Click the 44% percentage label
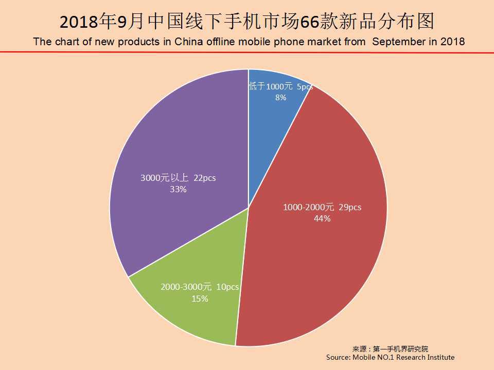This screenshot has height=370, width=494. (x=322, y=218)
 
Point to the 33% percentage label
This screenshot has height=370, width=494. (x=178, y=189)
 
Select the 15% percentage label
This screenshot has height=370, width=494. (x=200, y=298)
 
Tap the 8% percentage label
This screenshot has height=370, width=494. (x=280, y=97)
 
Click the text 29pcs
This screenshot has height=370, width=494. (x=350, y=208)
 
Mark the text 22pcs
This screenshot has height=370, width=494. (x=204, y=178)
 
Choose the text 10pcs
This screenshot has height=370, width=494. (x=227, y=287)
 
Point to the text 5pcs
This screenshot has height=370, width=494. (x=305, y=87)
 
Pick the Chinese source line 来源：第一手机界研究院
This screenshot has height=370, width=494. (x=390, y=348)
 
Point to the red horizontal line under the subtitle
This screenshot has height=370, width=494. (x=247, y=52)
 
